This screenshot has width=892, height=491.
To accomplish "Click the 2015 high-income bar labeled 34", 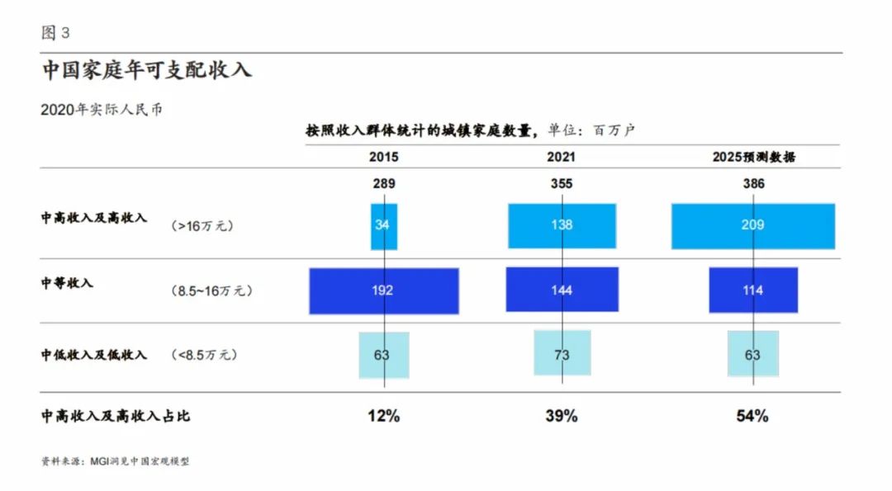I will pyautogui.click(x=383, y=226).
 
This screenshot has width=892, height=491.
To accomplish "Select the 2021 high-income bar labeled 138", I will pyautogui.click(x=562, y=225).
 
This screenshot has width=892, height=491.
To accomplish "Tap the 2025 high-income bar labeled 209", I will pyautogui.click(x=752, y=225).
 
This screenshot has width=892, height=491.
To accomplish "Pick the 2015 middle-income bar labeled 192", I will pyautogui.click(x=383, y=290).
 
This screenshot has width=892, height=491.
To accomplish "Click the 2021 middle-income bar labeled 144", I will pyautogui.click(x=562, y=290).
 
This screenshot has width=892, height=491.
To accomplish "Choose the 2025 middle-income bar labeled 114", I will pyautogui.click(x=752, y=290).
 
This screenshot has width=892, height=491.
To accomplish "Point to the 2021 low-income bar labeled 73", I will pyautogui.click(x=562, y=355).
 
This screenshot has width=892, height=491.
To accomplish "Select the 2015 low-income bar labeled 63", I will pyautogui.click(x=383, y=355).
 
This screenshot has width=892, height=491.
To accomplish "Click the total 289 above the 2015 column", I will pyautogui.click(x=384, y=184).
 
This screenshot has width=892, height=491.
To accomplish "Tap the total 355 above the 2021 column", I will pyautogui.click(x=562, y=184).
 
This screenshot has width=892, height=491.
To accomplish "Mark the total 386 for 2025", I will pyautogui.click(x=752, y=184).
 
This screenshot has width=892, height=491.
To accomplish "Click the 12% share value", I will pyautogui.click(x=384, y=416).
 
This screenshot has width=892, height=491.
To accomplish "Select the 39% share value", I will pyautogui.click(x=562, y=416).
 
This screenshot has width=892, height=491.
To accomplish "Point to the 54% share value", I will pyautogui.click(x=752, y=416).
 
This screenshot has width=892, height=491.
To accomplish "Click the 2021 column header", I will pyautogui.click(x=562, y=157).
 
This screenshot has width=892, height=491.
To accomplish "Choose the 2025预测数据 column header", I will pyautogui.click(x=753, y=157).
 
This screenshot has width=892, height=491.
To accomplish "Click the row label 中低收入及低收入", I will pyautogui.click(x=94, y=355).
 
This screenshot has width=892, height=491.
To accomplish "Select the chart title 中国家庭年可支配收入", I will pyautogui.click(x=146, y=70).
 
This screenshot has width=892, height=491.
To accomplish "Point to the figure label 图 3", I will pyautogui.click(x=55, y=33).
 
